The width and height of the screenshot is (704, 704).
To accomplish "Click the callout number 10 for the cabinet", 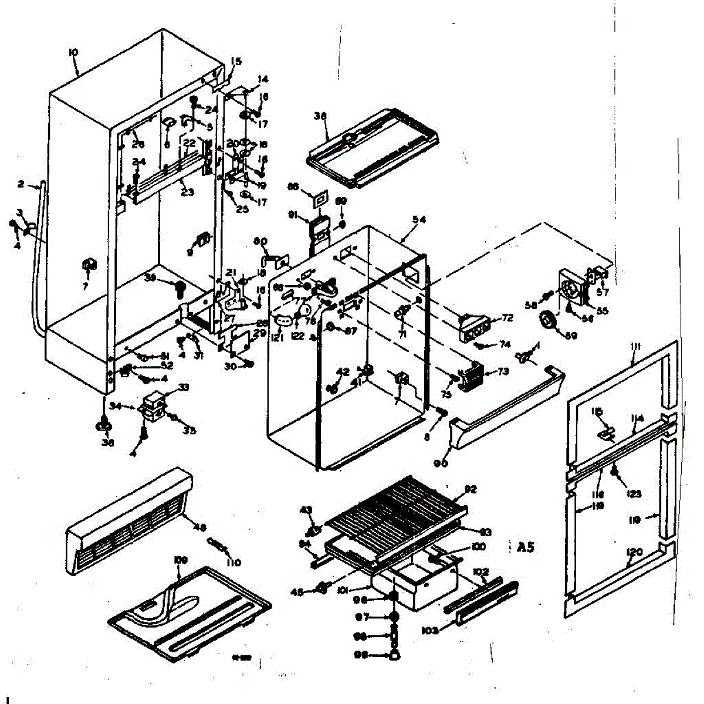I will [x=73, y=53].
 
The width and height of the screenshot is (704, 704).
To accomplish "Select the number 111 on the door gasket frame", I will [x=636, y=347].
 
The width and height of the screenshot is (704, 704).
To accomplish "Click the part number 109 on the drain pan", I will [x=180, y=560].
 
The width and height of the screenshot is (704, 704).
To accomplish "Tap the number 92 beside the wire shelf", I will [x=471, y=489].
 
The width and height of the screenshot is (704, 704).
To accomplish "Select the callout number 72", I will [x=507, y=318].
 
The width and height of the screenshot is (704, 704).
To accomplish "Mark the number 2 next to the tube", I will [x=21, y=184].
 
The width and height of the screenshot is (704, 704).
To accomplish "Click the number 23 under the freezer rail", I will [x=187, y=192].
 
